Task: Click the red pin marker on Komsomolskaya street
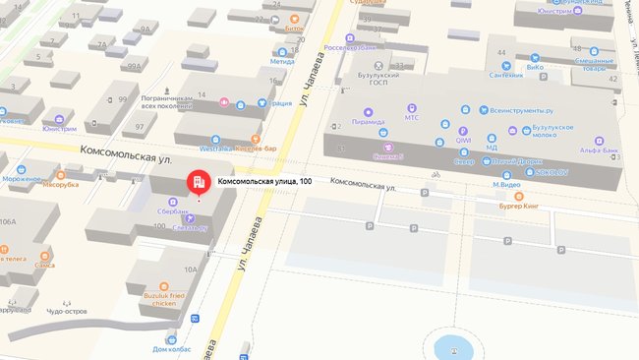pos(198,183)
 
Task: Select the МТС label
pos(412,118)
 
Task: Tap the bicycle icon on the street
pos(435,176)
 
